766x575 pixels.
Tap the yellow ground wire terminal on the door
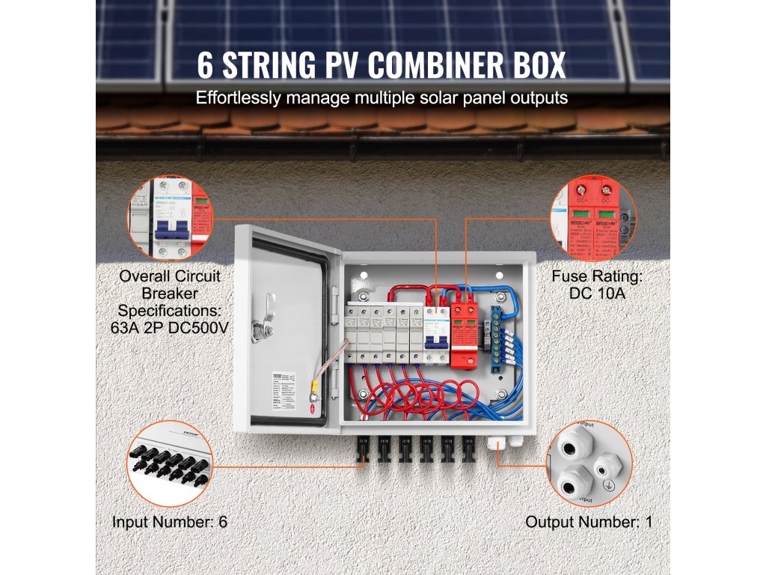[317, 389]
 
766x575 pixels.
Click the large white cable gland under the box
[495, 443]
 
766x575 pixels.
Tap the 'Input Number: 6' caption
[170, 521]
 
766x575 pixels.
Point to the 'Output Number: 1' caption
[588, 521]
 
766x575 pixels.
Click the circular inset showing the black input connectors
[168, 464]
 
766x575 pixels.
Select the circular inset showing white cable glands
[587, 464]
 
